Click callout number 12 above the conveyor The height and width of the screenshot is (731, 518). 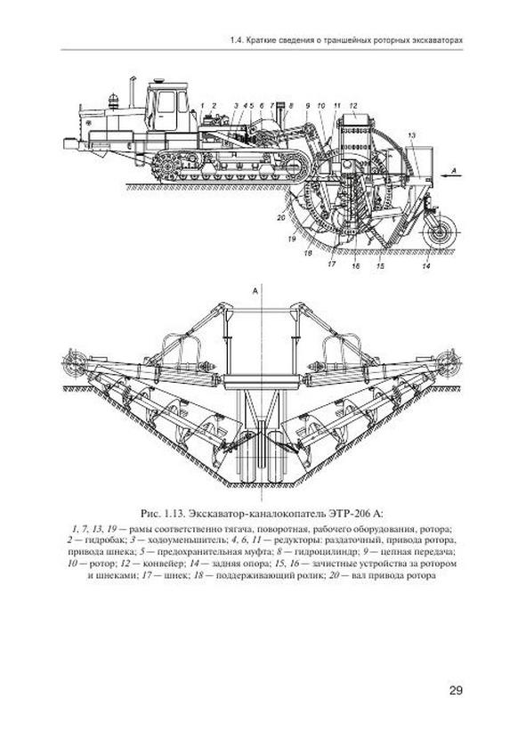tap(352, 105)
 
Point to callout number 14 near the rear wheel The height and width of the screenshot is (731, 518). tap(426, 266)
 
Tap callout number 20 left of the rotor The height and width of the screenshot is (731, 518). tap(280, 217)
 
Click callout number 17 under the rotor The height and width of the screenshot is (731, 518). tap(332, 264)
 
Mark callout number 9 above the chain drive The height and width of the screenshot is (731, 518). tap(307, 106)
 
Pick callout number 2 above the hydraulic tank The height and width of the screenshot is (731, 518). tap(214, 105)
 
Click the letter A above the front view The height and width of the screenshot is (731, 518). tap(255, 291)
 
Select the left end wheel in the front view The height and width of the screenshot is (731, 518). tap(73, 362)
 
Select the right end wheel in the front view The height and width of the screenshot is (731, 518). tap(450, 362)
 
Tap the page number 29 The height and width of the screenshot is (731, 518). tap(456, 691)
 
